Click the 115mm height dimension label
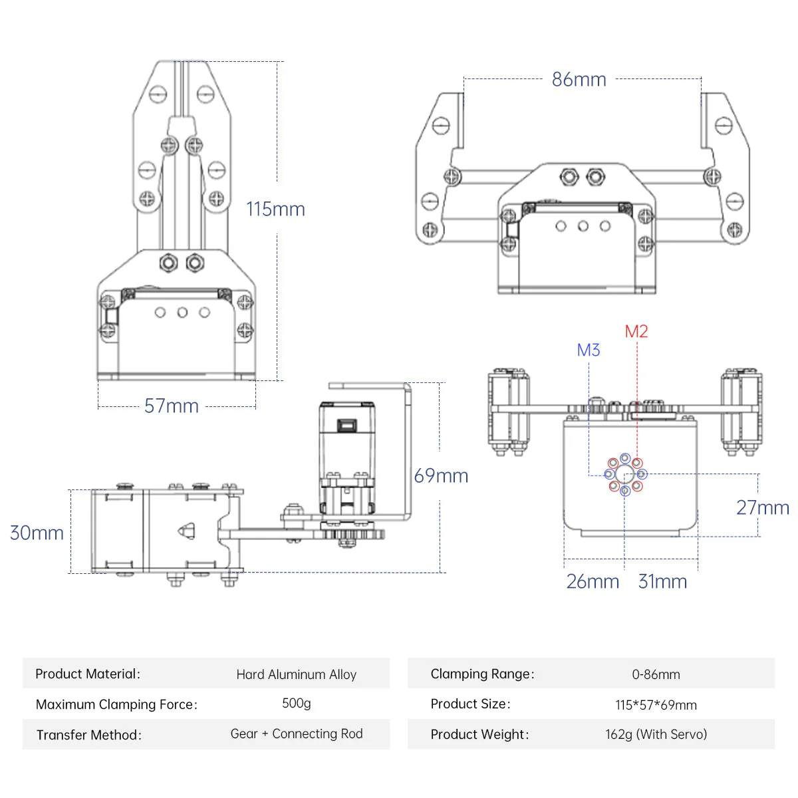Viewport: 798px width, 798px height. [x=275, y=209]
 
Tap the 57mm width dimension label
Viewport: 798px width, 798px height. [x=172, y=406]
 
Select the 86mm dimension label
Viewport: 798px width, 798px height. [x=579, y=80]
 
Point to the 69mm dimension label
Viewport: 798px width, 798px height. [x=441, y=475]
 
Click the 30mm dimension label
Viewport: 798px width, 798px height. [x=37, y=533]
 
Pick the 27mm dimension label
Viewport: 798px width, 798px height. [x=762, y=507]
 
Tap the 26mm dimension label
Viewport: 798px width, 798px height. [x=593, y=581]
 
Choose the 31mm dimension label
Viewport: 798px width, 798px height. [x=662, y=581]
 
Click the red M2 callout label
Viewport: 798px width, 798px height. [x=636, y=331]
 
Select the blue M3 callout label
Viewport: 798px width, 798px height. [x=589, y=350]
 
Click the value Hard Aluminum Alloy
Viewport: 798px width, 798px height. [x=297, y=674]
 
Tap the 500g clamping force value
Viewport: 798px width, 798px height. [x=297, y=703]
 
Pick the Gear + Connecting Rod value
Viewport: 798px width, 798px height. [x=297, y=733]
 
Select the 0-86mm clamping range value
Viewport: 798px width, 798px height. [x=656, y=674]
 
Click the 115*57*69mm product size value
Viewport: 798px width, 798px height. [x=656, y=705]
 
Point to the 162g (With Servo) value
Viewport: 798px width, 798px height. [x=656, y=734]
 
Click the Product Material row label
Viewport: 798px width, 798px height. [x=88, y=674]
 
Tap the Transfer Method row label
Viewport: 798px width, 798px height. [x=89, y=735]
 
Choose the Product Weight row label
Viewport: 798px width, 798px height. [x=479, y=734]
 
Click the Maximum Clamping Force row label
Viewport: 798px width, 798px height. [x=116, y=704]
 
